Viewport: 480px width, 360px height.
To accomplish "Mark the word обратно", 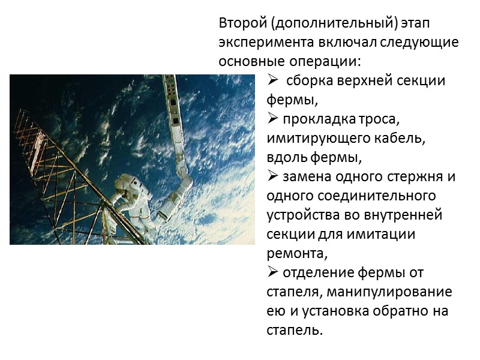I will [398, 311].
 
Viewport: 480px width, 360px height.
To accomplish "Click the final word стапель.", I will [294, 331].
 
